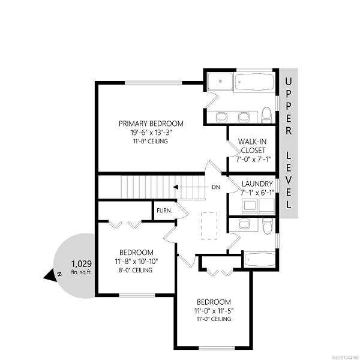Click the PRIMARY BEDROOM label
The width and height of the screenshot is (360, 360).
[x=151, y=124]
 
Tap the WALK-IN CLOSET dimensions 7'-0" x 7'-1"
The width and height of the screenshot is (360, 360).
[x=253, y=159]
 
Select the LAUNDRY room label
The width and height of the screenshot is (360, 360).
[x=257, y=184]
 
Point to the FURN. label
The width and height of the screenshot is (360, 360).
[x=164, y=211]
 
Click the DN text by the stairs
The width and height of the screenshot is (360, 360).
[x=216, y=187]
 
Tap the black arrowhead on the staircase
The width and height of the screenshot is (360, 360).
[x=176, y=187]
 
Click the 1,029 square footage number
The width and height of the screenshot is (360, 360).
[x=82, y=264]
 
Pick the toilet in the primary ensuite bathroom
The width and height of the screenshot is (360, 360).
[x=267, y=115]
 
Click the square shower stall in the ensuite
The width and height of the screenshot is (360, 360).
[x=220, y=82]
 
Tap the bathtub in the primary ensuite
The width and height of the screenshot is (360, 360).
[x=254, y=82]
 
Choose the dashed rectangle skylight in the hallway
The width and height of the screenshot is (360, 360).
[x=209, y=226]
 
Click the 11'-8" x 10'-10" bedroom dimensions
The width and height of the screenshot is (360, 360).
[x=136, y=261]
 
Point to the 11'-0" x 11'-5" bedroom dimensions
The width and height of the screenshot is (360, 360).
[x=214, y=311]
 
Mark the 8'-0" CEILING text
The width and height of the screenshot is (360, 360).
[x=135, y=270]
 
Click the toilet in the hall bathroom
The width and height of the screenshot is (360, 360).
[x=268, y=226]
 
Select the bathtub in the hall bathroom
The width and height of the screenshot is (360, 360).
[x=260, y=259]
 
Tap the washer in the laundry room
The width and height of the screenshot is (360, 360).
[x=250, y=206]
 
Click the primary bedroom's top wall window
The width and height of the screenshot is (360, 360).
[x=153, y=83]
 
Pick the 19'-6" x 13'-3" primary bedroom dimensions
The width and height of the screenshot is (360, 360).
[x=151, y=133]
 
